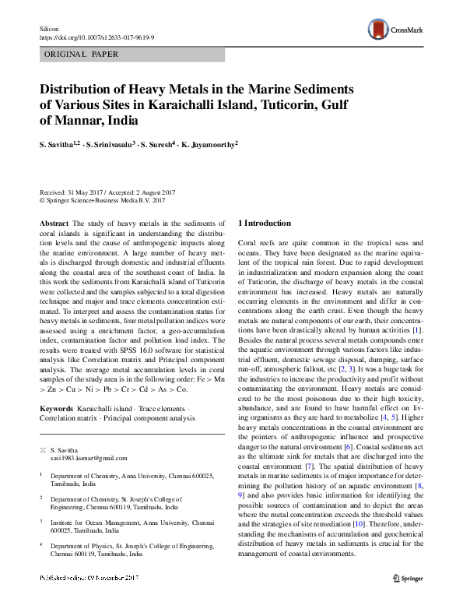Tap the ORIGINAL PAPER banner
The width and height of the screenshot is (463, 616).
[x=82, y=55]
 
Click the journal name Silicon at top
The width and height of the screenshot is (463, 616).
[x=49, y=26]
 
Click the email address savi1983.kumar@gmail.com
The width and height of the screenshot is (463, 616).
[x=83, y=459]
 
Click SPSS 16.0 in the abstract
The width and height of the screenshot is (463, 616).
[x=129, y=343]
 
